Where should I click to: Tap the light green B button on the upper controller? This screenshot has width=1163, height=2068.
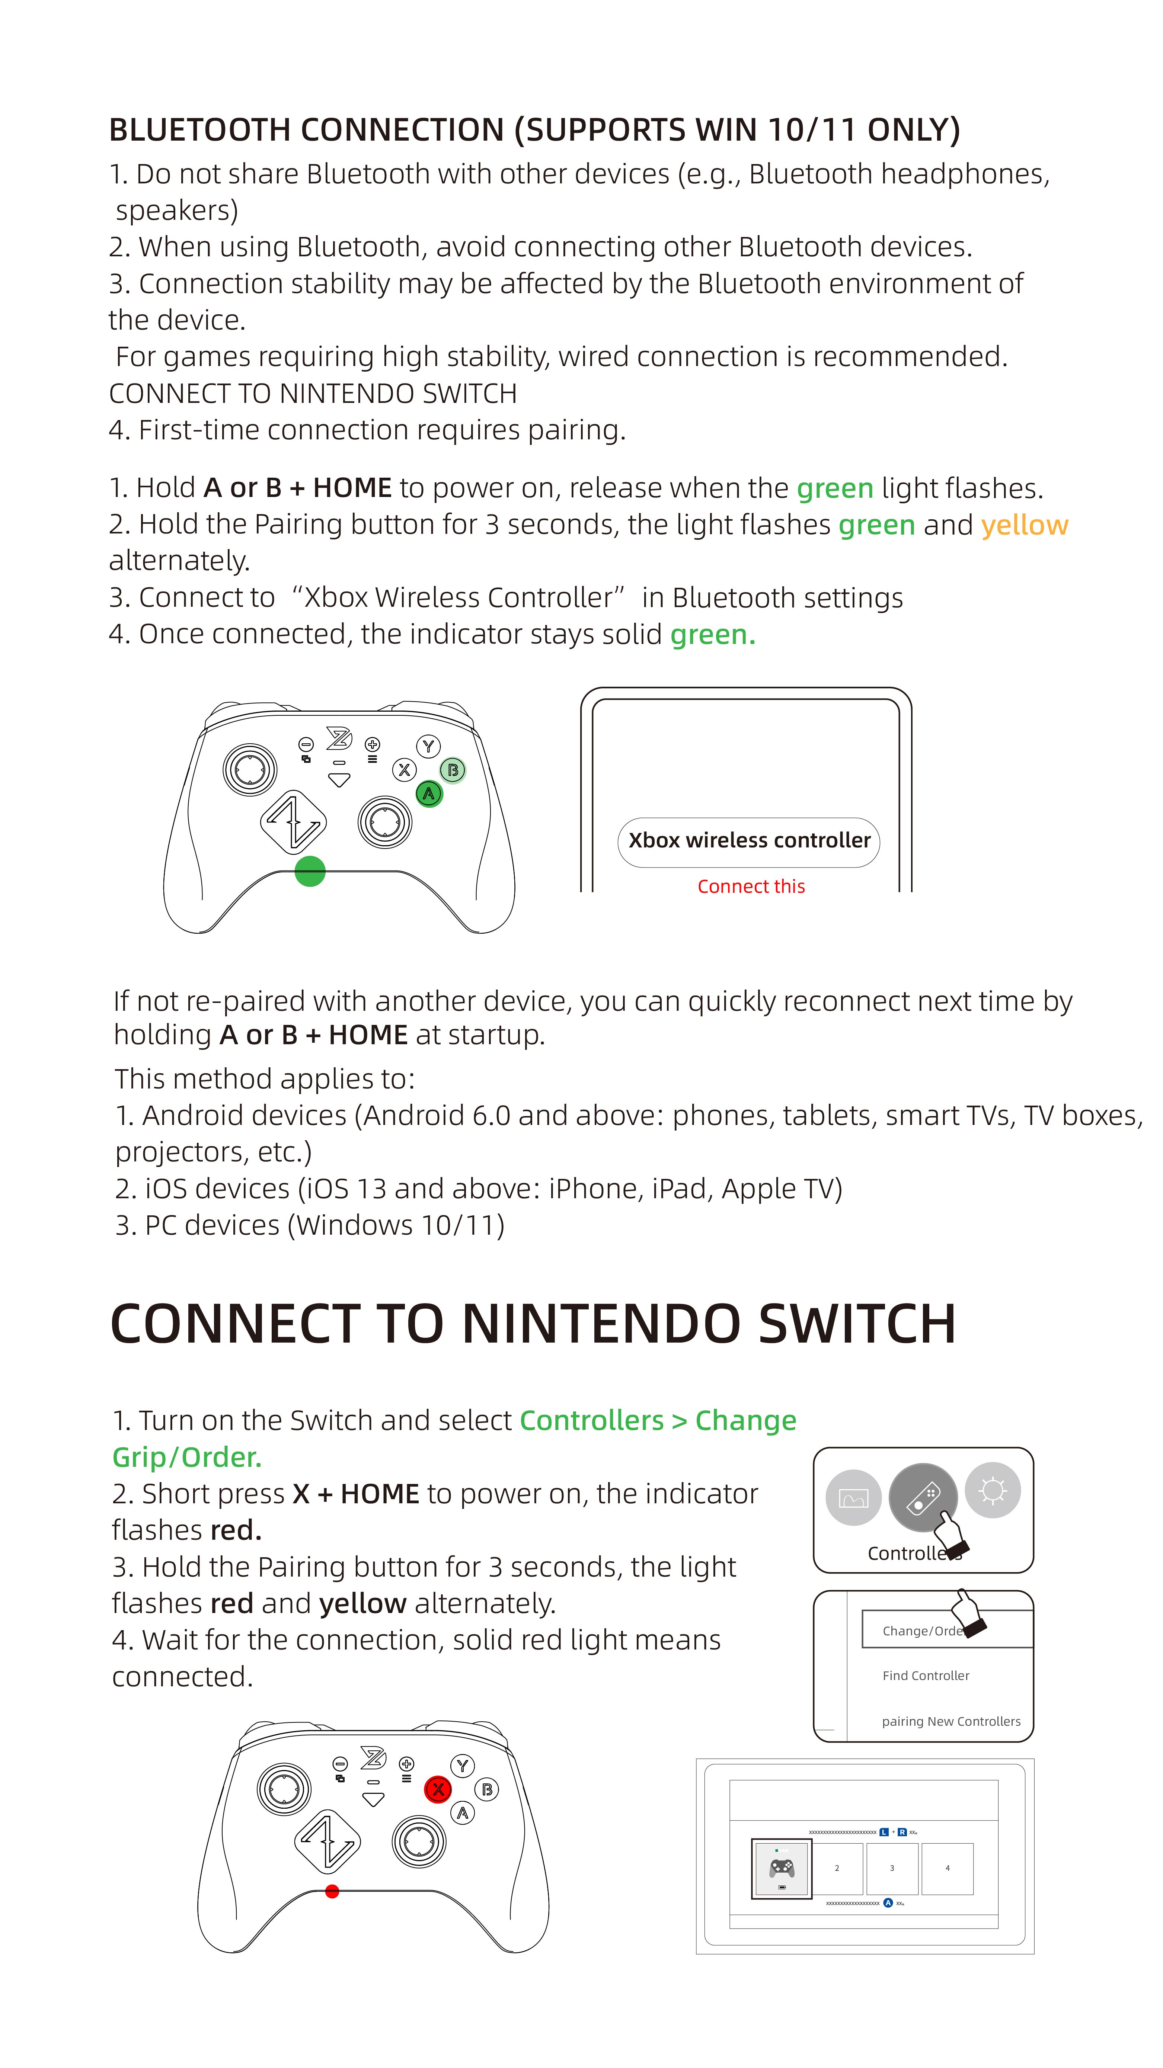[453, 770]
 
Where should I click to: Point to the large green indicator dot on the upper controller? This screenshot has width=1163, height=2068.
[310, 871]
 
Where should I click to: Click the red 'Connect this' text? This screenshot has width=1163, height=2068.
[751, 886]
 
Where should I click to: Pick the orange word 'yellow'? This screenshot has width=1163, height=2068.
[1024, 525]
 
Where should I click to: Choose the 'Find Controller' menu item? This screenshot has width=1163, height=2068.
[925, 1676]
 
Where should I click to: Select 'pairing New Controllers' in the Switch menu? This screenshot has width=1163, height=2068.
[951, 1721]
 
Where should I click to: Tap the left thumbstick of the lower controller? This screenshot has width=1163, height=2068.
[284, 1789]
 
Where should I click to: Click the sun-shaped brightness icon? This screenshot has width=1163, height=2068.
[993, 1490]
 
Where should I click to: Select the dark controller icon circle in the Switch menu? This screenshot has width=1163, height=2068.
[923, 1498]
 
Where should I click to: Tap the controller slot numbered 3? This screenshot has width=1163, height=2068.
[892, 1868]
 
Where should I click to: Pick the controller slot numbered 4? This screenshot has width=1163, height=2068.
[947, 1868]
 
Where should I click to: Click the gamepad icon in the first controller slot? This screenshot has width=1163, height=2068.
[782, 1868]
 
